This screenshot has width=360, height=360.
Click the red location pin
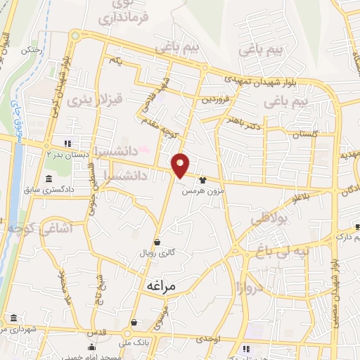coord(181,165)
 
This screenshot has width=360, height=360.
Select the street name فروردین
coord(215,99)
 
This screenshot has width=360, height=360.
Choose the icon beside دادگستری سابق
coord(48,177)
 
